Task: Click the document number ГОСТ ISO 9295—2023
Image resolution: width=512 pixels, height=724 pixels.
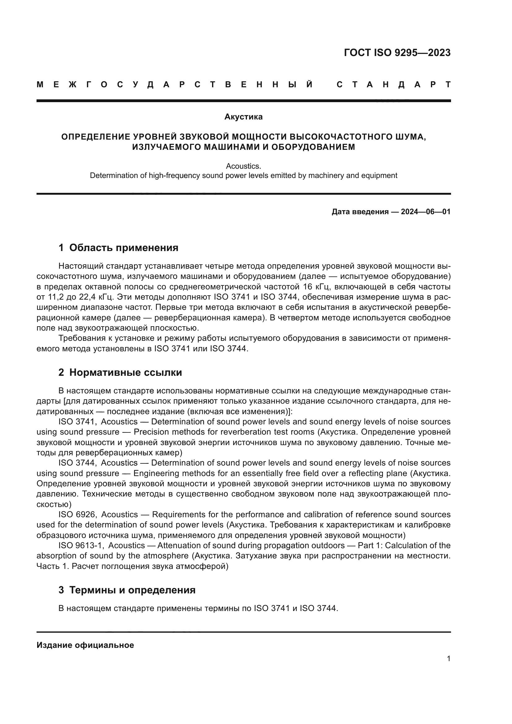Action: pos(397,53)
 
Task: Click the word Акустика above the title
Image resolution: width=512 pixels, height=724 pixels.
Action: pos(243,117)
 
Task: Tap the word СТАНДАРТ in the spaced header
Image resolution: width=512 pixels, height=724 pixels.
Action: pos(394,85)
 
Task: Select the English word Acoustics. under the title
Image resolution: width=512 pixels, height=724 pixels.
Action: pos(243,166)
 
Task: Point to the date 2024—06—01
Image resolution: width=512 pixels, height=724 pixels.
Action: pos(426,212)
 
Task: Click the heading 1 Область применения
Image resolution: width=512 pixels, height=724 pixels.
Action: pos(118,248)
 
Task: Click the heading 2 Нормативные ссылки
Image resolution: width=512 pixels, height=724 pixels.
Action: pos(120,372)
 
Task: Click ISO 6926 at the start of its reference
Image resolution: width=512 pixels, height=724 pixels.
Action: pos(77,515)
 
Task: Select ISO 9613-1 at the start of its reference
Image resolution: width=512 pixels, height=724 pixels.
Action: pos(81,545)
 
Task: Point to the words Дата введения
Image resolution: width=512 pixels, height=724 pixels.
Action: pos(360,212)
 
